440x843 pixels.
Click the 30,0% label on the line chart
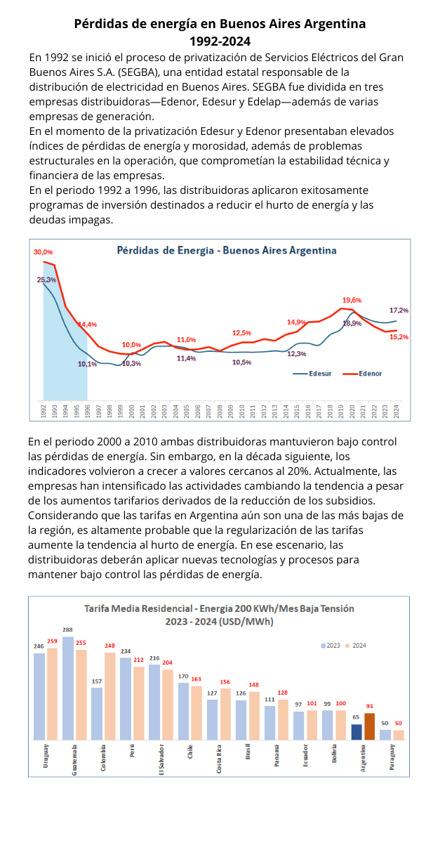43,251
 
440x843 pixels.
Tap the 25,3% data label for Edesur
46,280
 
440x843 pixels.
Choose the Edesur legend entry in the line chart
313,373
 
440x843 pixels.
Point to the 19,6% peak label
352,300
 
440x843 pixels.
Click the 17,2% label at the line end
399,310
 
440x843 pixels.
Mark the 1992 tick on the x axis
44,411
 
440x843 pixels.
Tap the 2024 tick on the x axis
396,411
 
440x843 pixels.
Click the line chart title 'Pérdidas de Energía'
226,250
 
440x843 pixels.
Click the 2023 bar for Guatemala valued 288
68,688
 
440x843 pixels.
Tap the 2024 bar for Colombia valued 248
110,695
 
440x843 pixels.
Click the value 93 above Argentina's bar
370,707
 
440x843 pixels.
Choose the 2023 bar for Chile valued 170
183,711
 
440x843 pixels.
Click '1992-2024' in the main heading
220,40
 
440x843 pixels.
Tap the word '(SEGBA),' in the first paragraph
140,71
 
